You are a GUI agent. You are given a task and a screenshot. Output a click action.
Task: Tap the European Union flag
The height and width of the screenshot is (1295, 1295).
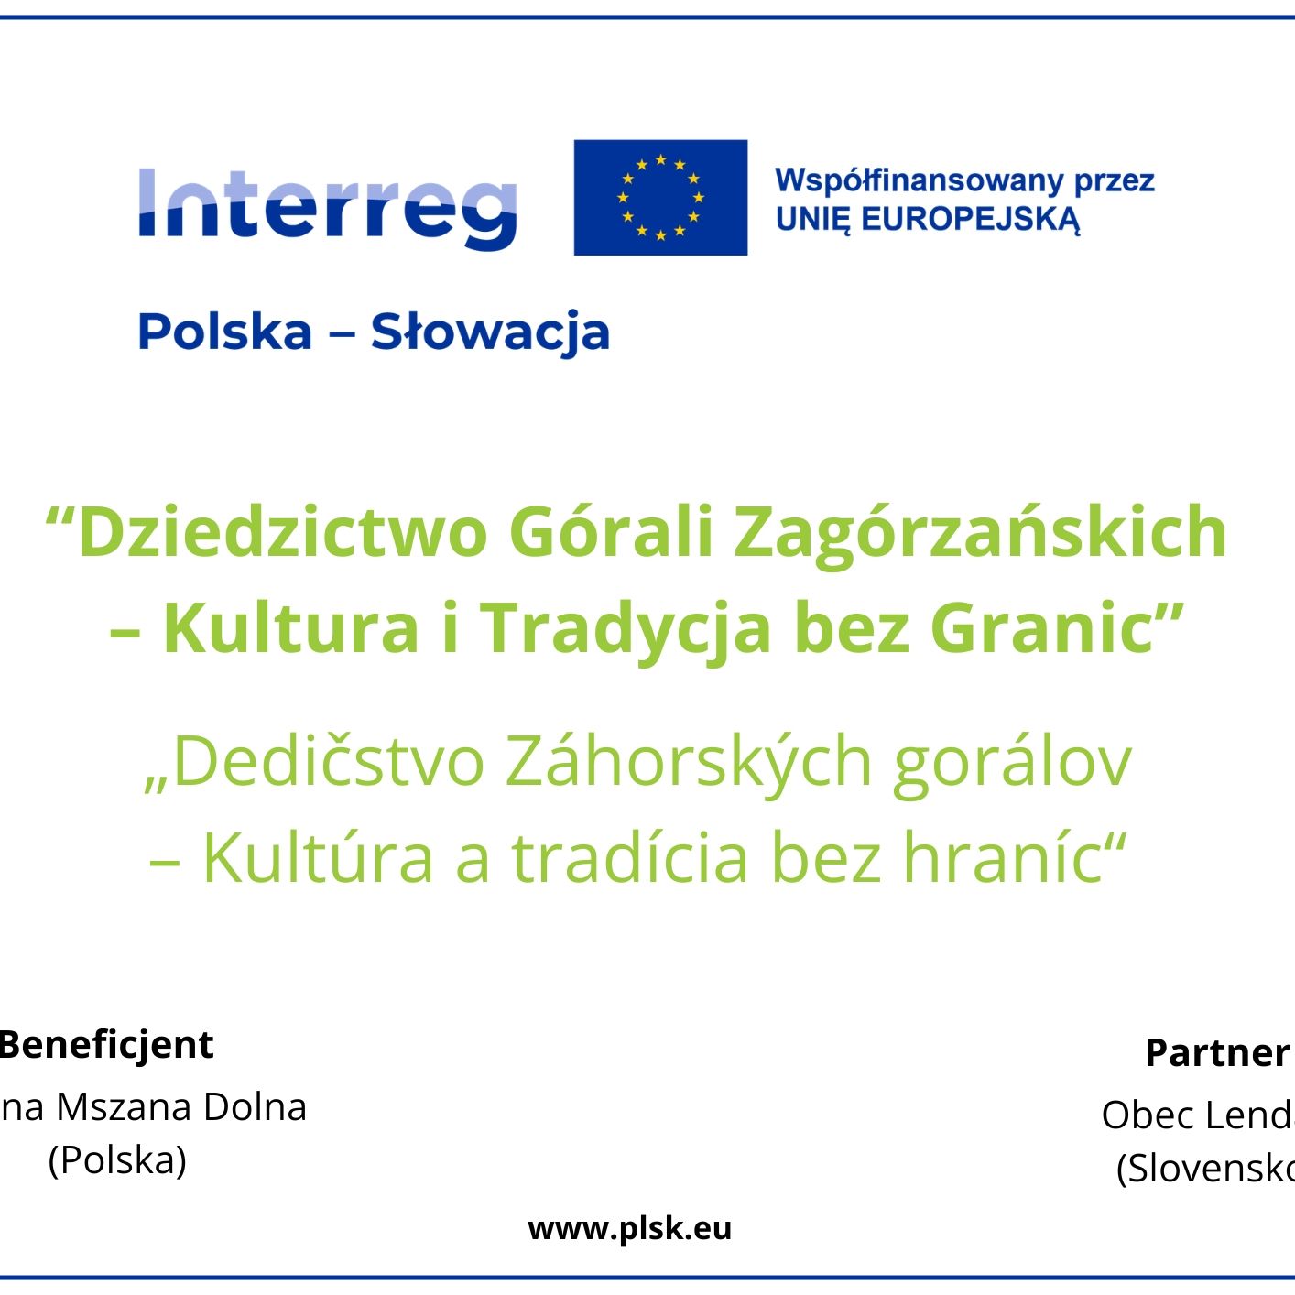point(660,197)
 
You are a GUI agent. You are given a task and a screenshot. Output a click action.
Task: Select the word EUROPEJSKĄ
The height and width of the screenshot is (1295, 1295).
point(971,220)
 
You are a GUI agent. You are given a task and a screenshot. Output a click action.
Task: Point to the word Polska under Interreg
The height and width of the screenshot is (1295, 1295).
point(224,332)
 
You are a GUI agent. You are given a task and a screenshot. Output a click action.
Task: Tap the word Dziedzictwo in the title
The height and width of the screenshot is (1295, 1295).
point(282,532)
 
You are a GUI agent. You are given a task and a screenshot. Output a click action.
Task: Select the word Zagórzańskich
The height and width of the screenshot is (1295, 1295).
point(980,532)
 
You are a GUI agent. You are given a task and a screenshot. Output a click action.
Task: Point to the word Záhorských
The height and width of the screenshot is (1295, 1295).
point(689,761)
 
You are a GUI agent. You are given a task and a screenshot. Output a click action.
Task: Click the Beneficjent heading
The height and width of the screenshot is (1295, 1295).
point(106,1045)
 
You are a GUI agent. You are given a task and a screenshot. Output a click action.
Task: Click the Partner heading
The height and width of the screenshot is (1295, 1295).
point(1217,1053)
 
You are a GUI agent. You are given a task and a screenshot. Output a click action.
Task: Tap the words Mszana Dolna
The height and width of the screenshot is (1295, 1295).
point(181,1107)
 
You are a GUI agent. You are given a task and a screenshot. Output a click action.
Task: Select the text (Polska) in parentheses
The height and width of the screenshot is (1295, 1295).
point(117,1160)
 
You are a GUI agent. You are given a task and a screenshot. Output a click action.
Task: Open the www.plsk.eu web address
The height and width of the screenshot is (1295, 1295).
point(630,1228)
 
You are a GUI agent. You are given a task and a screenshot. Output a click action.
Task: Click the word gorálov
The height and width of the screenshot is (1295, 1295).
point(1012,761)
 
